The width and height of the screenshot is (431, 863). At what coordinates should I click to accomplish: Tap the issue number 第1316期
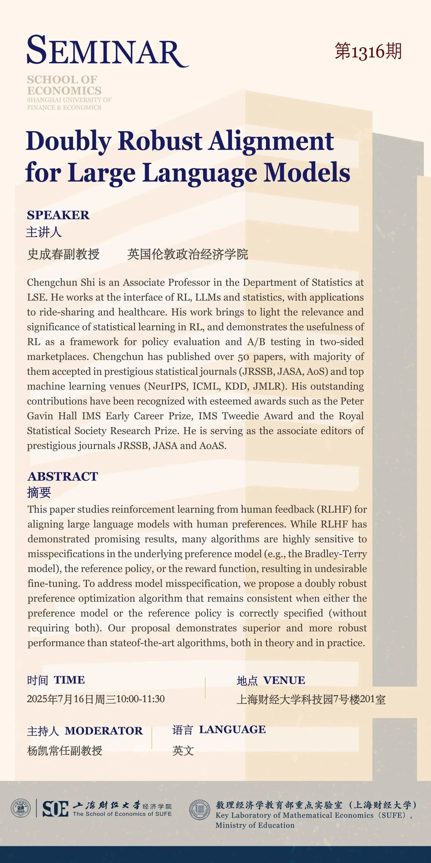click(x=368, y=52)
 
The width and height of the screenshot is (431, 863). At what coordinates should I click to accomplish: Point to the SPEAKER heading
click(x=58, y=215)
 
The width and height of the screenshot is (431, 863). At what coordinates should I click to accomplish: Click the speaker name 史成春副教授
click(x=63, y=254)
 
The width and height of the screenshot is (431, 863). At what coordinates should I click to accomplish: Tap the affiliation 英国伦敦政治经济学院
click(x=188, y=254)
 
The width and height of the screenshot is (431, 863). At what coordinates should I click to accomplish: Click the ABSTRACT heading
click(x=63, y=476)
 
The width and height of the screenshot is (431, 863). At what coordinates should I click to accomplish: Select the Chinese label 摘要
click(x=39, y=493)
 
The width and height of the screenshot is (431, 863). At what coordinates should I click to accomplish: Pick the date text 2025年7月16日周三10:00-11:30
click(x=96, y=699)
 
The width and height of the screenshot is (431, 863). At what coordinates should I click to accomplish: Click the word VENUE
click(x=284, y=680)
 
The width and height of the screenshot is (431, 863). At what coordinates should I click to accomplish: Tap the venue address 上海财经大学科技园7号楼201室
click(x=311, y=700)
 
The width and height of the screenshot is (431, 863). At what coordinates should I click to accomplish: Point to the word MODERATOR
click(x=104, y=731)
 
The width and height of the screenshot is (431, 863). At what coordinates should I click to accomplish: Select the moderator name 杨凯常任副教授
click(x=65, y=751)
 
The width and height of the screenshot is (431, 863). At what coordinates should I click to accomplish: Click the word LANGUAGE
click(x=232, y=729)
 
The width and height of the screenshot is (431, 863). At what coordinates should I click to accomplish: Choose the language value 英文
click(x=183, y=751)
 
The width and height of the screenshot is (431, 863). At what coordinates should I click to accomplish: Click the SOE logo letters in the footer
click(x=55, y=809)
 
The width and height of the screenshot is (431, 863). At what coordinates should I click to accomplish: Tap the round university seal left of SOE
click(x=21, y=808)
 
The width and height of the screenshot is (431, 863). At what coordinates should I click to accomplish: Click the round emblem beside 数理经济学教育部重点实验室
click(x=200, y=810)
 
